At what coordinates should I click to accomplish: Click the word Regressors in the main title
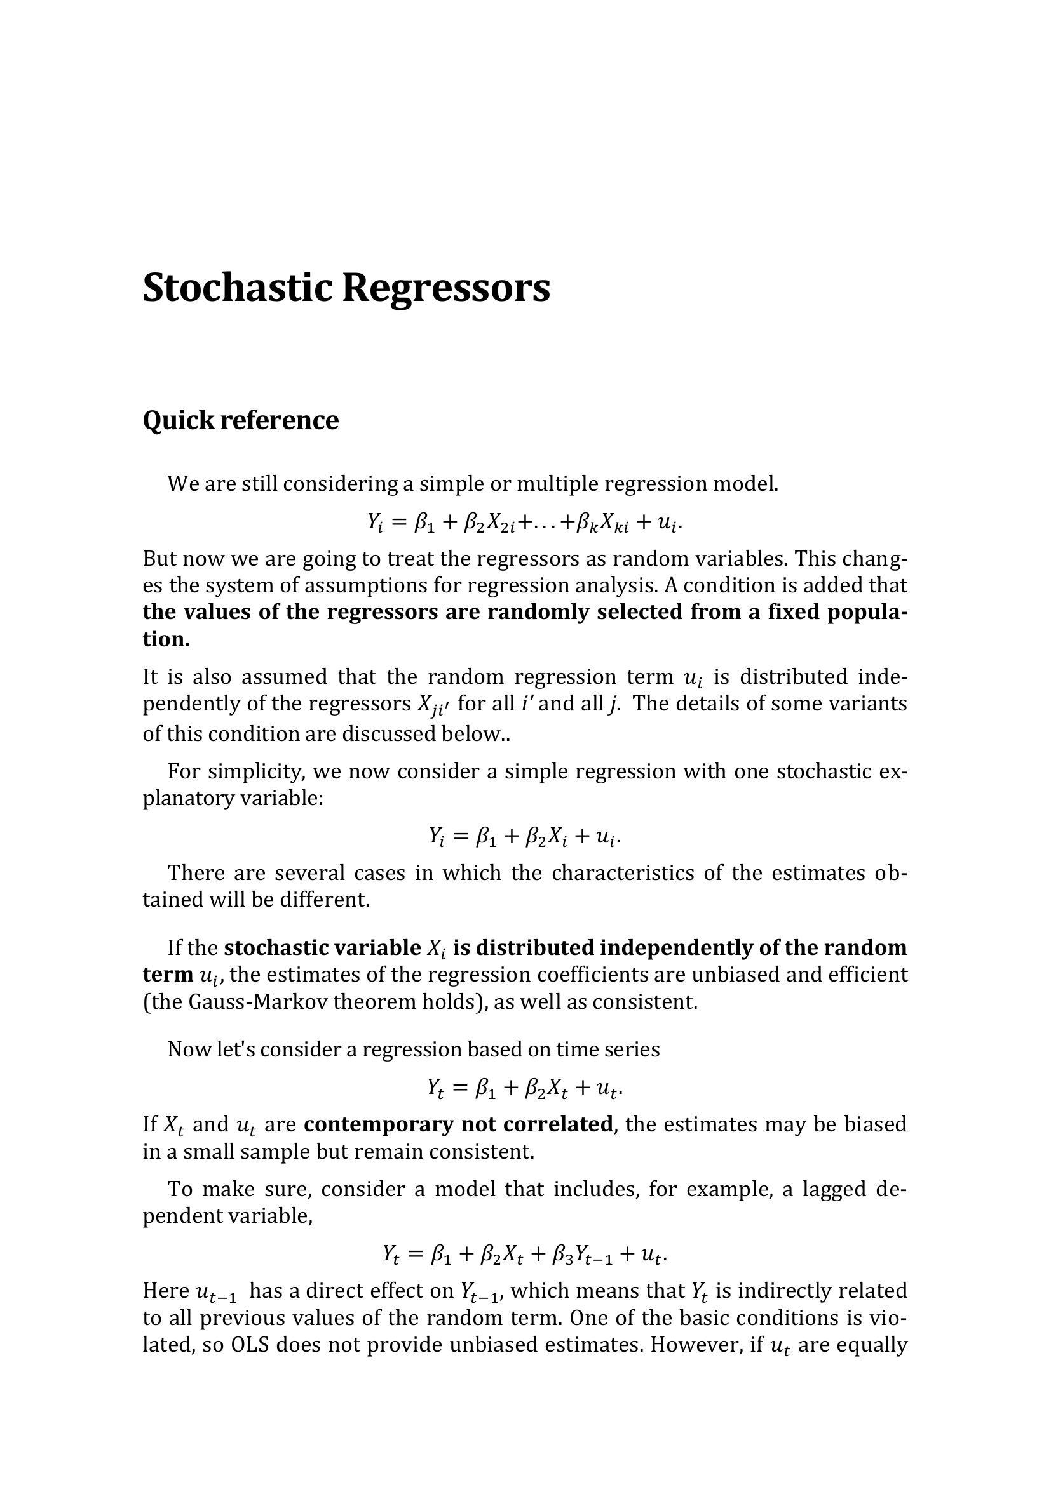pos(446,288)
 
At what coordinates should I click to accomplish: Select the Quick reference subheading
pos(240,420)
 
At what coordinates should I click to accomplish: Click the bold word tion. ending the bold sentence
pos(166,639)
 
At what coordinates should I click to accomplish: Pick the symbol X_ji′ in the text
pos(434,705)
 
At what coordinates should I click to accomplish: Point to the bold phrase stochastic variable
pos(322,948)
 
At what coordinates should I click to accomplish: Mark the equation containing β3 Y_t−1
pos(525,1255)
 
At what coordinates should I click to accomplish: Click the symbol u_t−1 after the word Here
pos(216,1292)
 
